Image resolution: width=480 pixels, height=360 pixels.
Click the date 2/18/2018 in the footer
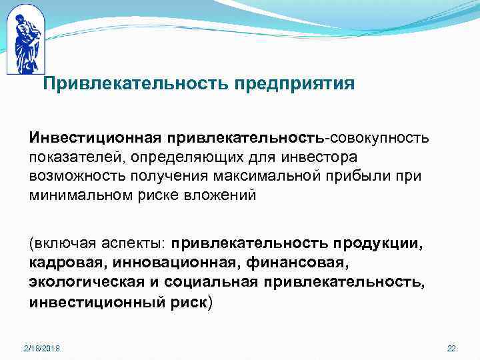(x=41, y=349)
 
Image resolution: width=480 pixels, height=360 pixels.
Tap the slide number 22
(x=451, y=349)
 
